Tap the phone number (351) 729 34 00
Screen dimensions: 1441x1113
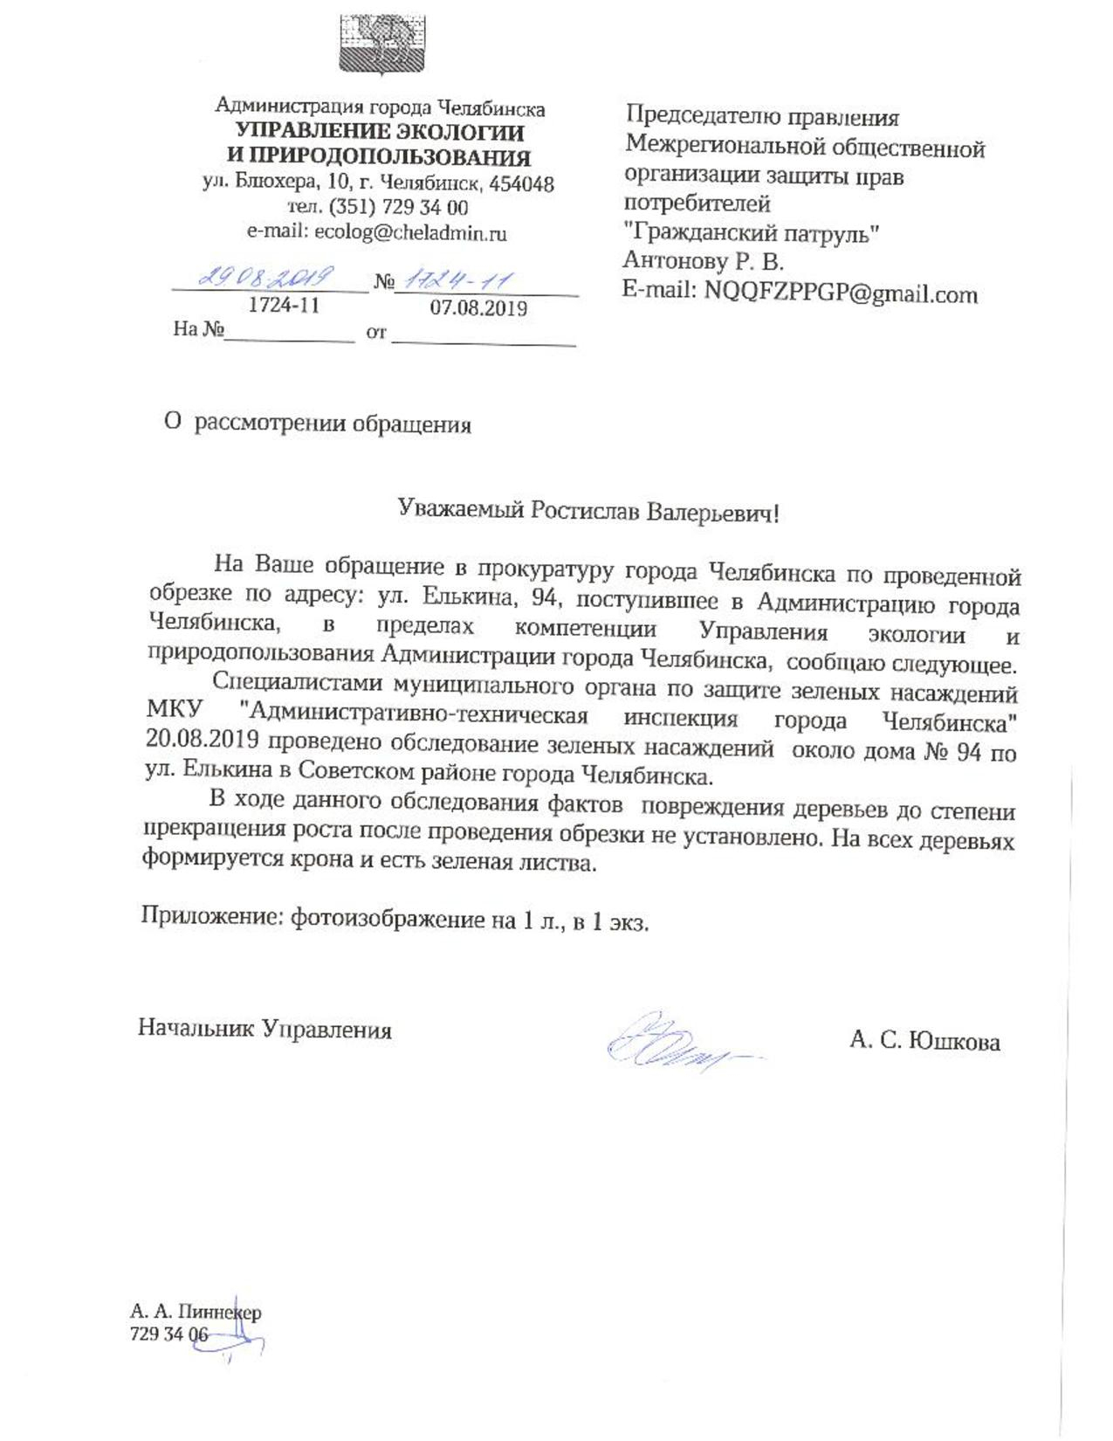point(398,208)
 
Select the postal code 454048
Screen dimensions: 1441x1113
point(521,184)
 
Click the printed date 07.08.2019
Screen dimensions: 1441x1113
point(478,308)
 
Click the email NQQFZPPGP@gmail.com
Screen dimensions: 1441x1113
point(841,293)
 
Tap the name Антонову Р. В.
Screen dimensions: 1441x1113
point(703,261)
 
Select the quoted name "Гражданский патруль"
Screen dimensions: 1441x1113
point(751,233)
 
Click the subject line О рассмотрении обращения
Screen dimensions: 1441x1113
point(318,424)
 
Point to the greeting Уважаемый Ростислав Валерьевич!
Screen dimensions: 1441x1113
point(587,511)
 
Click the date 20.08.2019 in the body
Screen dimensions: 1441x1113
point(202,741)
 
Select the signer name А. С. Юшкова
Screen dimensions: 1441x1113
point(924,1040)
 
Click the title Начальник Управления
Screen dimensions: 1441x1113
point(265,1028)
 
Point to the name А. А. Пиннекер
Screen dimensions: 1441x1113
point(196,1311)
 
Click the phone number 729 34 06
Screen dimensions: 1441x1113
point(168,1334)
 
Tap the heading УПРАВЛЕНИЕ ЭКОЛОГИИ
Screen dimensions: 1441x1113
point(381,133)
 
